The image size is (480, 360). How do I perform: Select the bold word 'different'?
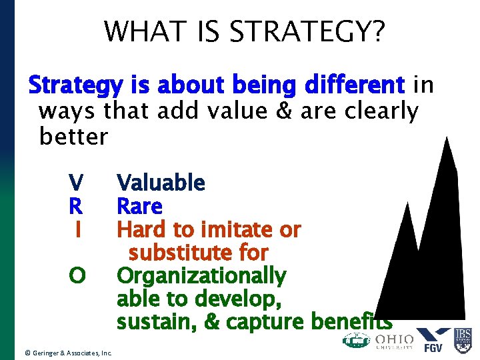[x=353, y=86]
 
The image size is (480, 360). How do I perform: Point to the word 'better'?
[x=73, y=136]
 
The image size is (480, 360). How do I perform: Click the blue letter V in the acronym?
[x=77, y=182]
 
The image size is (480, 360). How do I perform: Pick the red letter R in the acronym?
[x=77, y=206]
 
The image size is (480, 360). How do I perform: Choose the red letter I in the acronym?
[x=78, y=229]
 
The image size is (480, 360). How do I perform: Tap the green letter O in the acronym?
[x=77, y=275]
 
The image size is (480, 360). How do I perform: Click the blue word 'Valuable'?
[x=161, y=182]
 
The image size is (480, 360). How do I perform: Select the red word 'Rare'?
[x=139, y=206]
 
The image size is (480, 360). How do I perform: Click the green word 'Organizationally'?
[x=201, y=275]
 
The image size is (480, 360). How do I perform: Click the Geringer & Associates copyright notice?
[x=67, y=352]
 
